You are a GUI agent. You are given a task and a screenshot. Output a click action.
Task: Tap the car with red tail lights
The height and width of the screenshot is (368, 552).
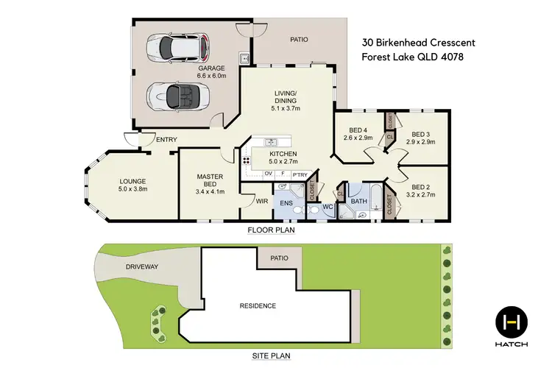point(180,47)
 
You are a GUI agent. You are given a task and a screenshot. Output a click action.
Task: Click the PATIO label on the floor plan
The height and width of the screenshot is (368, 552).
point(299,40)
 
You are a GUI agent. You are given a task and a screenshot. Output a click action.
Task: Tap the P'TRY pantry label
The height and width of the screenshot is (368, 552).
point(299,174)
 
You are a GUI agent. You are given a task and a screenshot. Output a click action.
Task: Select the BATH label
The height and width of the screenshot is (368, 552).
point(359,199)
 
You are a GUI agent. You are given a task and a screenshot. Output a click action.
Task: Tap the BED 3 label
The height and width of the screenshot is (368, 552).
point(420,134)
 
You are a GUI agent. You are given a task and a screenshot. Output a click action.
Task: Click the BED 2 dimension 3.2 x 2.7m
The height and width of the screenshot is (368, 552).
point(420,195)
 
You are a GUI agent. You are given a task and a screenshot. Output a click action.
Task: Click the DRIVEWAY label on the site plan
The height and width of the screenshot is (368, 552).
point(142,266)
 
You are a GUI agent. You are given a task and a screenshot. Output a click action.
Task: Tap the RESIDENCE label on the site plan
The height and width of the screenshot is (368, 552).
point(257,305)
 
